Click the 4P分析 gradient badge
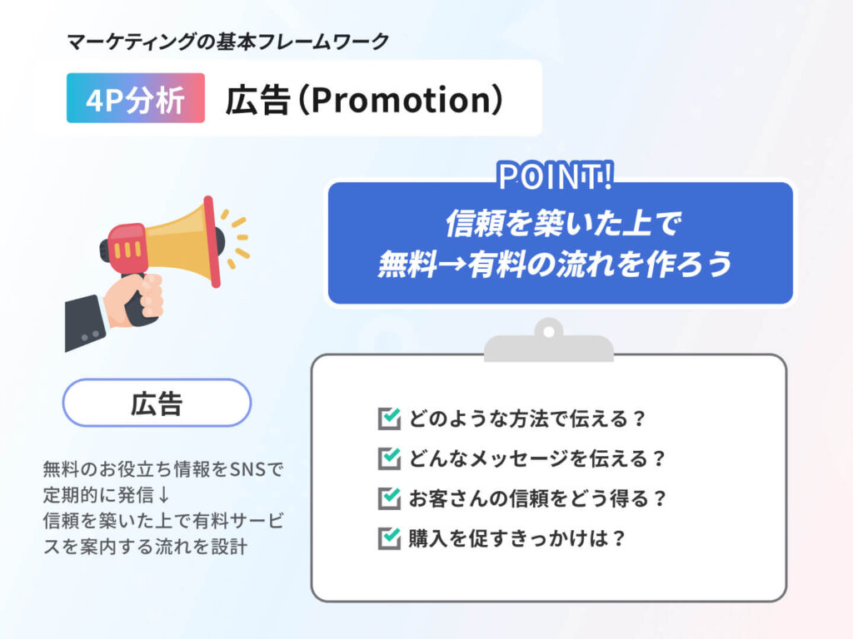pyautogui.click(x=136, y=98)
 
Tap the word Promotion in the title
pyautogui.click(x=402, y=100)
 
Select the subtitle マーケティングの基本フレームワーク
pyautogui.click(x=228, y=42)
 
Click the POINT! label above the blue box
pyautogui.click(x=556, y=176)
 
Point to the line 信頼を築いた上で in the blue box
pyautogui.click(x=563, y=223)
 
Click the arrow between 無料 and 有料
pyautogui.click(x=451, y=264)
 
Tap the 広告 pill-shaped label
pyautogui.click(x=157, y=403)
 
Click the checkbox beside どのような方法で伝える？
pyautogui.click(x=389, y=419)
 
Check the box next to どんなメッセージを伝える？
pyautogui.click(x=389, y=458)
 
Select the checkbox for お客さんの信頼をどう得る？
pyautogui.click(x=389, y=498)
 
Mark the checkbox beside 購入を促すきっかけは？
pyautogui.click(x=389, y=538)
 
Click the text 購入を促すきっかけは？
pyautogui.click(x=517, y=538)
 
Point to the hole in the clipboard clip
pyautogui.click(x=548, y=331)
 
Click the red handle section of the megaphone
pyautogui.click(x=127, y=247)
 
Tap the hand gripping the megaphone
pyautogui.click(x=134, y=300)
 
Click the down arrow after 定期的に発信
pyautogui.click(x=164, y=494)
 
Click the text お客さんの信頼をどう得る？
pyautogui.click(x=537, y=498)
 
